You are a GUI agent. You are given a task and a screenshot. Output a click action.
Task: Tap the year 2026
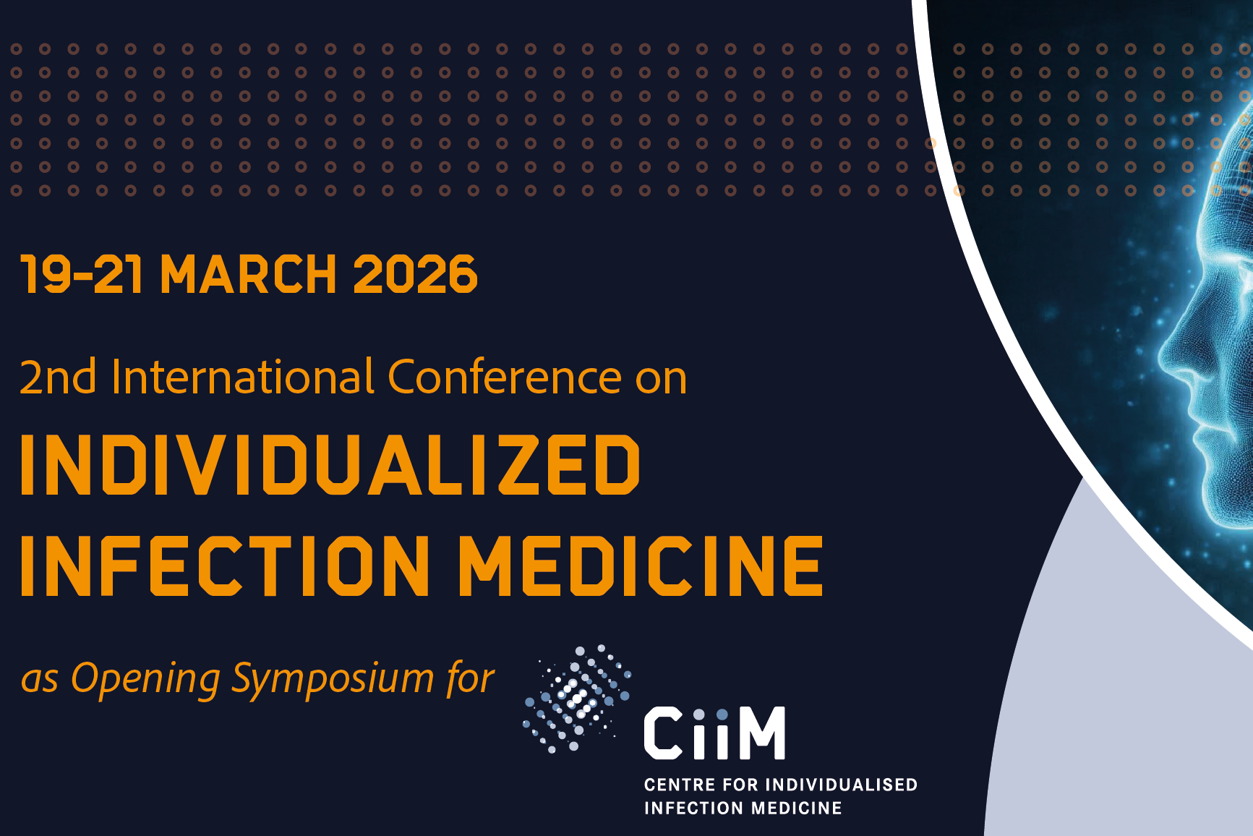(415, 275)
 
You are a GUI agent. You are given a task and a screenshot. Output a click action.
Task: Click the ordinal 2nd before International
(58, 378)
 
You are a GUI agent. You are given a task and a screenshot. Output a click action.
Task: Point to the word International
(243, 378)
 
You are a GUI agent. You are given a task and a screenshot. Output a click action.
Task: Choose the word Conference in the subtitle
(505, 378)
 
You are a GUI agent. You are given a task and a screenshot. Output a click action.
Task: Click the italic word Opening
(145, 679)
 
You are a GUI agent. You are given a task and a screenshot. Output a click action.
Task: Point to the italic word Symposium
(333, 679)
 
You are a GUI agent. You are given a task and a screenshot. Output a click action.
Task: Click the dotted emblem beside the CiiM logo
(576, 698)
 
